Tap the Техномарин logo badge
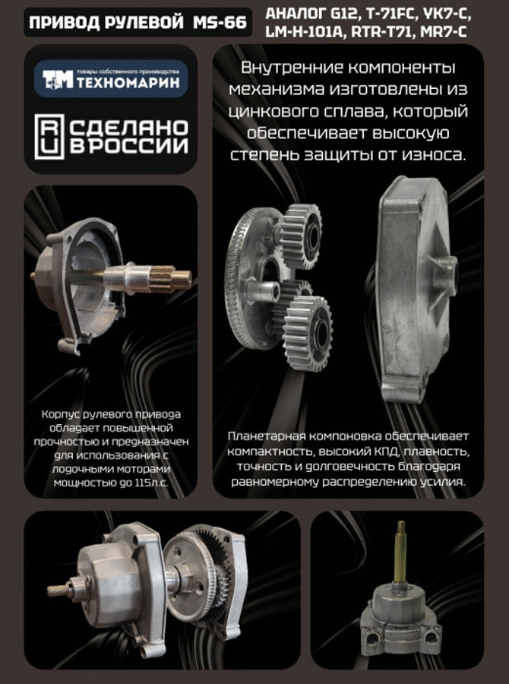point(110,78)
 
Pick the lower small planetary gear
point(308,320)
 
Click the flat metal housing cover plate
point(414,289)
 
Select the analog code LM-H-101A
point(302,33)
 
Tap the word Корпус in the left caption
point(58,414)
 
